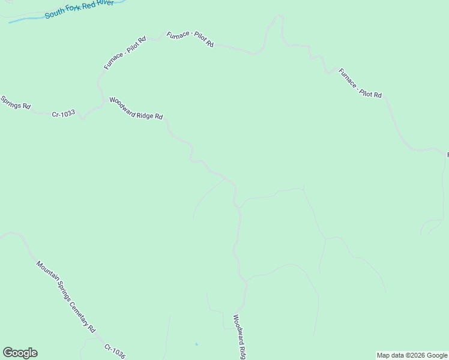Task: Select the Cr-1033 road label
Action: pos(63,113)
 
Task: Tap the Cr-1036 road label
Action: pos(115,352)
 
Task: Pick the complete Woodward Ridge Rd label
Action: pos(136,108)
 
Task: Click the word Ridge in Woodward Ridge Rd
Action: pos(146,112)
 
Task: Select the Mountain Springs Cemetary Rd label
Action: pos(65,296)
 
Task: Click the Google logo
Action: pos(20,353)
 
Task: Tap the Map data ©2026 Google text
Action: pos(412,355)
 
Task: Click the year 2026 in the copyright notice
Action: pos(415,355)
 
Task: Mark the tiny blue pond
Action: pos(196,344)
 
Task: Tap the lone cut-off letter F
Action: pos(447,155)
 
